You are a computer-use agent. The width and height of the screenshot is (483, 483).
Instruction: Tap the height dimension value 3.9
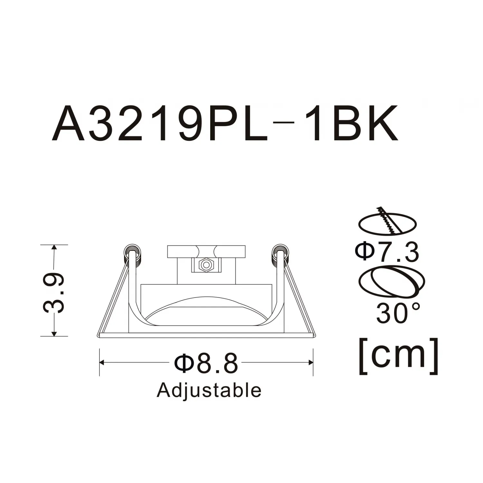tap(53, 293)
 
